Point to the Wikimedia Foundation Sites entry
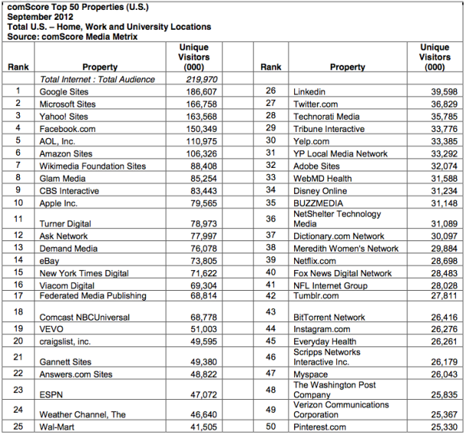[x=92, y=166]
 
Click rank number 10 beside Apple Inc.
[x=18, y=202]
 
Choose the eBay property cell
[x=50, y=260]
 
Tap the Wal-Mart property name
[x=56, y=427]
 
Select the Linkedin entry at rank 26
[x=310, y=92]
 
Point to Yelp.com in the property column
[x=312, y=140]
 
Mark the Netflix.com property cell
[x=315, y=260]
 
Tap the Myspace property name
[x=311, y=374]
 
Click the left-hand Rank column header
[x=18, y=67]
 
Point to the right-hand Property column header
[x=348, y=67]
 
